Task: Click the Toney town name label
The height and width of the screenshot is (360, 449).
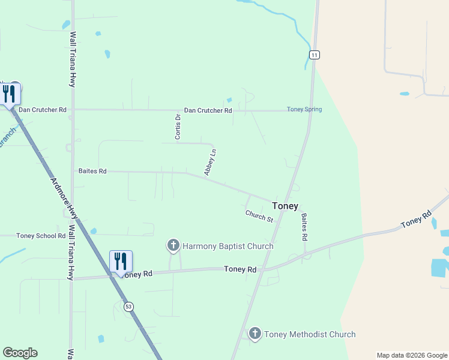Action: [285, 206]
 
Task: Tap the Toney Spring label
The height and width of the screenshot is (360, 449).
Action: [304, 109]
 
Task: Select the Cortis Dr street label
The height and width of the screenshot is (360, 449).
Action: [178, 127]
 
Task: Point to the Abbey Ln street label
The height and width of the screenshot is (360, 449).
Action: [209, 162]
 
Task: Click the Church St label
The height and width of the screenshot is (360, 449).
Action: [259, 216]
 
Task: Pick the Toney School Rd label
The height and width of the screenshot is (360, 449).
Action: [41, 236]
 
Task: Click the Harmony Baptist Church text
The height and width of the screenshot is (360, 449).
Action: [228, 246]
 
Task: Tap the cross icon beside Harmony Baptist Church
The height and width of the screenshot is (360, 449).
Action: [173, 245]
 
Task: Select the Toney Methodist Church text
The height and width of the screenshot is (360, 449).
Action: [310, 334]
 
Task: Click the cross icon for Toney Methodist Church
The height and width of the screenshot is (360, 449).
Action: [255, 334]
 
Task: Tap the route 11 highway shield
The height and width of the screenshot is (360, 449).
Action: [315, 55]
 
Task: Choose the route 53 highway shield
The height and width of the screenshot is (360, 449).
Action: [128, 306]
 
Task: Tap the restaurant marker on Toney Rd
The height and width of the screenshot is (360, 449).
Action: [121, 262]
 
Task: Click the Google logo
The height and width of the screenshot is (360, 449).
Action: [20, 353]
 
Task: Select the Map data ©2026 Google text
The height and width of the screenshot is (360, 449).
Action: [412, 355]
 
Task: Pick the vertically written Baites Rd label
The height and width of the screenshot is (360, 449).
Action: [304, 227]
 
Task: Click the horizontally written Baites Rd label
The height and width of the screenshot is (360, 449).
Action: [92, 171]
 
